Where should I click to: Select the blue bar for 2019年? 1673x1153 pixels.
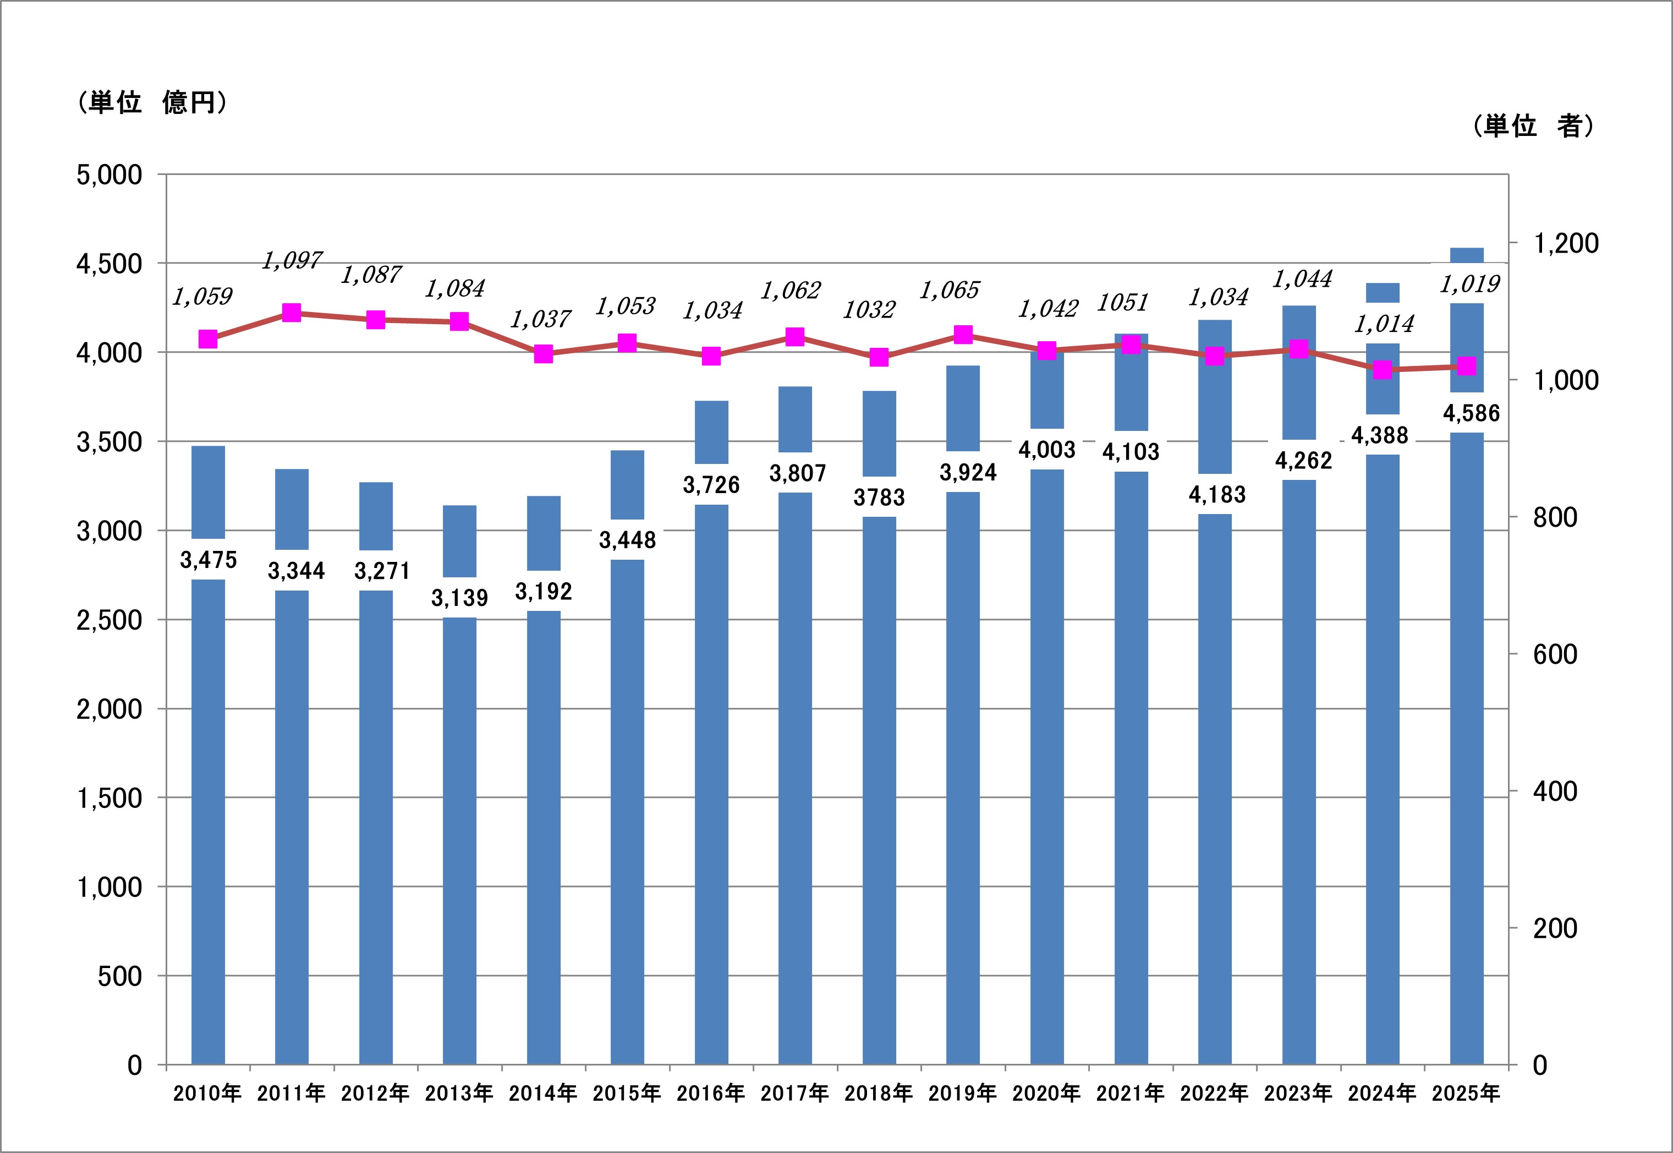pyautogui.click(x=963, y=780)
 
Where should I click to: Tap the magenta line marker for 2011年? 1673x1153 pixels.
pyautogui.click(x=292, y=313)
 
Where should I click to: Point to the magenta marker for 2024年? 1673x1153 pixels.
pyautogui.click(x=1382, y=370)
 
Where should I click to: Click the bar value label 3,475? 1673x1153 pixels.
pyautogui.click(x=208, y=559)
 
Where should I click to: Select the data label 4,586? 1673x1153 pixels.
pyautogui.click(x=1471, y=413)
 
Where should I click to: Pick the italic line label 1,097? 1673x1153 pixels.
pyautogui.click(x=292, y=260)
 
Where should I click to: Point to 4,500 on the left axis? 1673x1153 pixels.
pyautogui.click(x=109, y=264)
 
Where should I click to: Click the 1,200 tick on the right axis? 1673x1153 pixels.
pyautogui.click(x=1565, y=243)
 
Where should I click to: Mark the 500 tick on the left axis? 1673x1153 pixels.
pyautogui.click(x=119, y=976)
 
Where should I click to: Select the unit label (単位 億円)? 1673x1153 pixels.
pyautogui.click(x=152, y=102)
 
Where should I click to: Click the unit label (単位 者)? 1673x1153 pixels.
pyautogui.click(x=1532, y=127)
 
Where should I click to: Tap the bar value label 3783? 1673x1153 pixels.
pyautogui.click(x=879, y=497)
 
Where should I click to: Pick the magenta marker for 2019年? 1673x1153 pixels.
pyautogui.click(x=963, y=335)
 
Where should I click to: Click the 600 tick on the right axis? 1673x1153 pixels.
pyautogui.click(x=1555, y=654)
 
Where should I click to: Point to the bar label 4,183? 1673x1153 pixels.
pyautogui.click(x=1217, y=494)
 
